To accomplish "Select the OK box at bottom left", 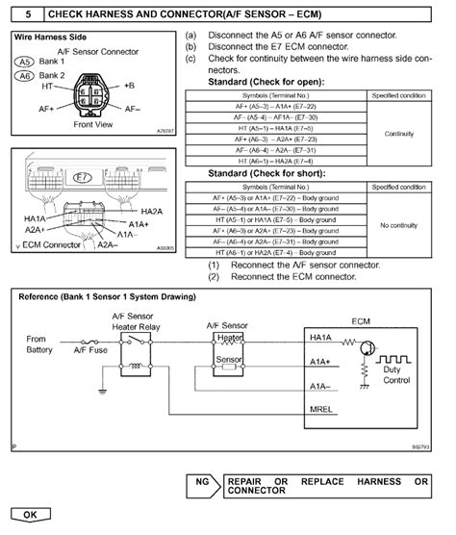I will tap(30, 515).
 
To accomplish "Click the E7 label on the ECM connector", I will tap(84, 178).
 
